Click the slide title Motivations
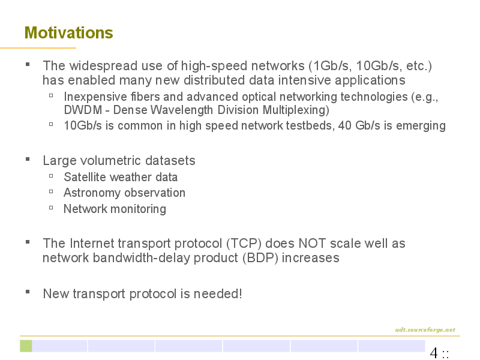point(68,33)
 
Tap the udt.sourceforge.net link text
point(425,329)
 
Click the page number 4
point(434,352)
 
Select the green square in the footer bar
point(26,346)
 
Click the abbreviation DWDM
point(83,110)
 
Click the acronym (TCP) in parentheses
point(244,244)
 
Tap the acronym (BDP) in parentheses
point(260,258)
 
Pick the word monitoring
point(139,209)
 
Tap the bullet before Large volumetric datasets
point(28,159)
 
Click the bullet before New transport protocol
point(28,292)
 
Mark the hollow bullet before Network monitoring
point(51,208)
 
